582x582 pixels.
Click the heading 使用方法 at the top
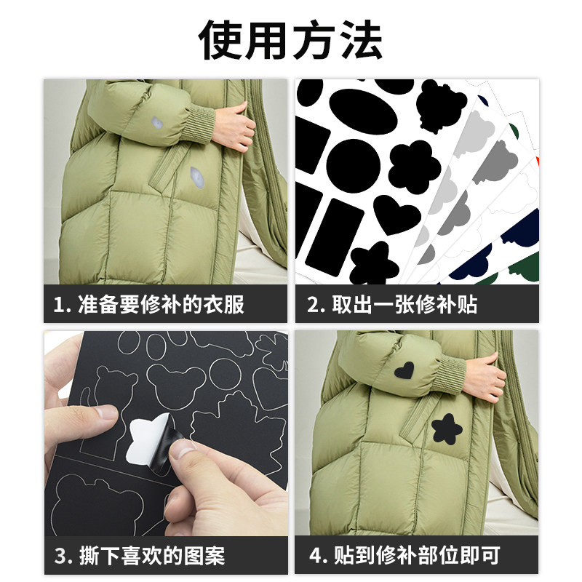(x=291, y=40)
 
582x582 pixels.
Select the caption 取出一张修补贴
(x=404, y=304)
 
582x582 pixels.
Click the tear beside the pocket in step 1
(x=196, y=175)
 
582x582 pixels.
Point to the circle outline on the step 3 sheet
(x=226, y=374)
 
